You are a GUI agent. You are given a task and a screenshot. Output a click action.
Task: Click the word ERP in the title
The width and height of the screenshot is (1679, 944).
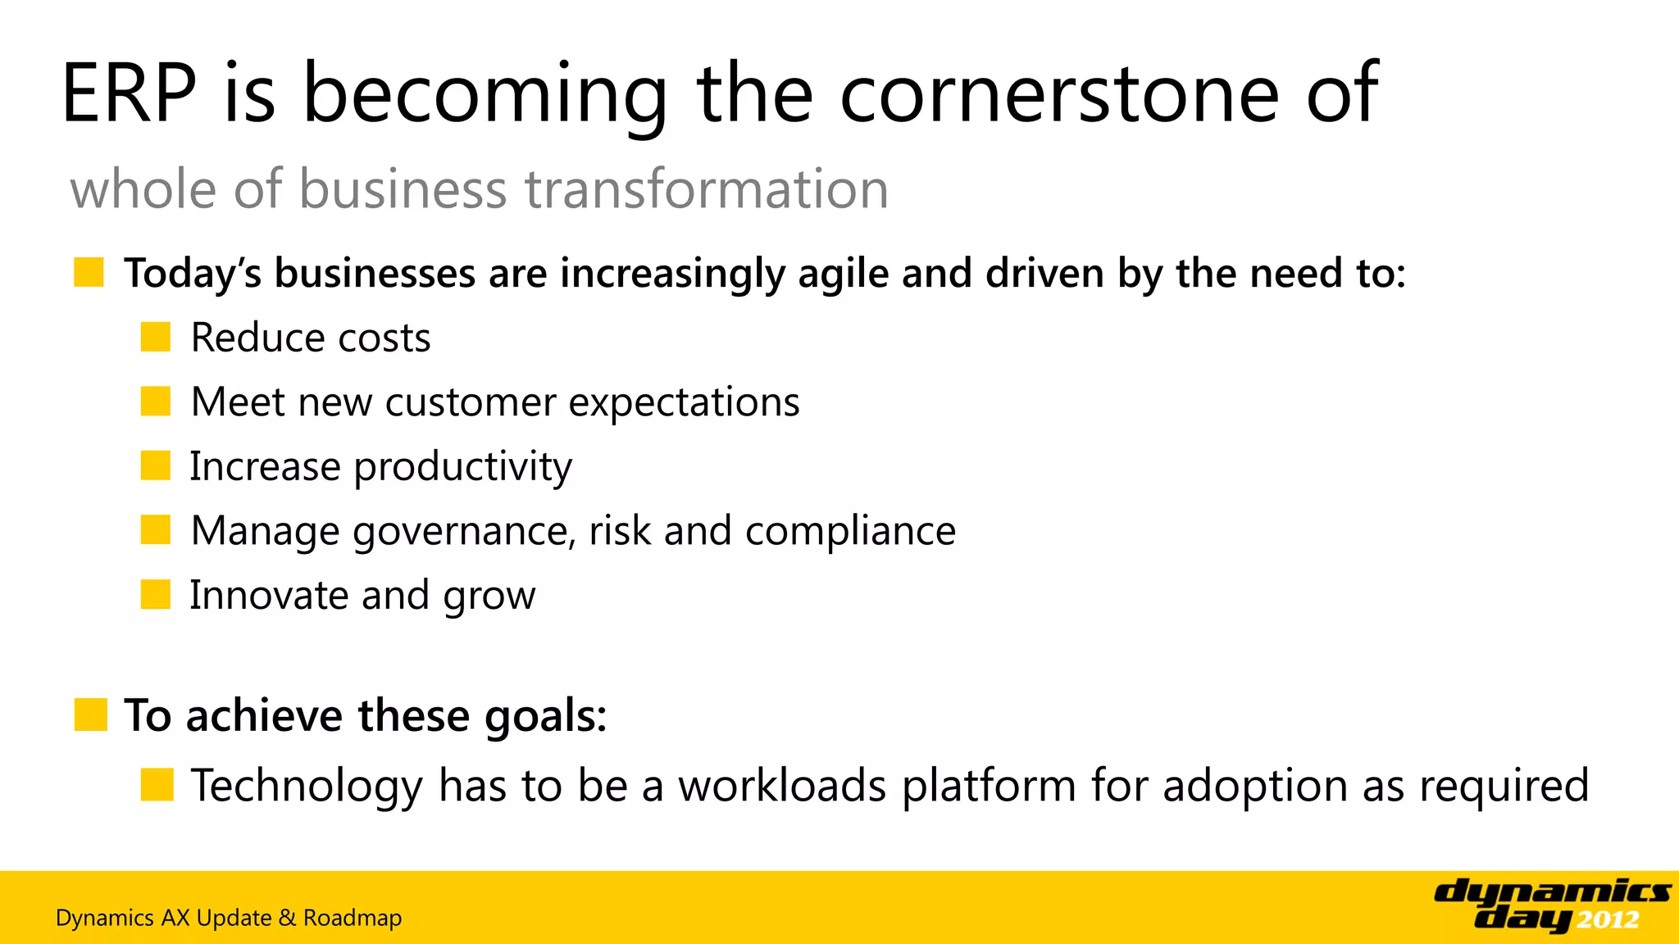click(129, 94)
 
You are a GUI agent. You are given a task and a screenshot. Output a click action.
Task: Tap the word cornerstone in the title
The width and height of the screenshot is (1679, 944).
click(1058, 94)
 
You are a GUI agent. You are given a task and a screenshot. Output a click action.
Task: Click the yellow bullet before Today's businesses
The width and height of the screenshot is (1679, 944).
click(89, 272)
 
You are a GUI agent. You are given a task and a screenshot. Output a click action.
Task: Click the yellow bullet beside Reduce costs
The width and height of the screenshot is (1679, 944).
click(155, 337)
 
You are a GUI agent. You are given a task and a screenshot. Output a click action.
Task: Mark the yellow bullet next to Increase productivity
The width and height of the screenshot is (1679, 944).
click(155, 465)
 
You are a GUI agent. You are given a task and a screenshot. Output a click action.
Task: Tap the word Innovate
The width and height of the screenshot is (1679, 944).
click(268, 595)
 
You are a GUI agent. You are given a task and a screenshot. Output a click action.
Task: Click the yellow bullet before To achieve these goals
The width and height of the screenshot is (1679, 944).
click(90, 715)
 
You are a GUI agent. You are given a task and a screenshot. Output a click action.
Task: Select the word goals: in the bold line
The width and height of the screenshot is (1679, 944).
click(545, 716)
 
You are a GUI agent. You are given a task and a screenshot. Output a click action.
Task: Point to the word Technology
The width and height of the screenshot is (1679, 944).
click(307, 786)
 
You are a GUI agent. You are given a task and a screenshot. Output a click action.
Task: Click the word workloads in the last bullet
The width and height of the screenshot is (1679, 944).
click(782, 786)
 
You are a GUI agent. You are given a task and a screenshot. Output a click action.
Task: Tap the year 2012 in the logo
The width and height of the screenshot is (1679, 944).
click(1607, 920)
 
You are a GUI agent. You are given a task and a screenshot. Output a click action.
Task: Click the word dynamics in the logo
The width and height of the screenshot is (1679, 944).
click(1551, 892)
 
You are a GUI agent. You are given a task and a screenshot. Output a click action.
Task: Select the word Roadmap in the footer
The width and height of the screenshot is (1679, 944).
click(353, 918)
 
